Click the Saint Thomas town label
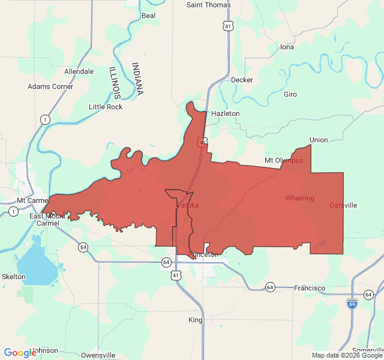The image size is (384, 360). coord(208,5)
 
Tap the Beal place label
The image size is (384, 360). coord(148,16)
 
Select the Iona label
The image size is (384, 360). coord(287,47)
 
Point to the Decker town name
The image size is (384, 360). coord(242,80)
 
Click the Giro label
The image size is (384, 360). coord(290,95)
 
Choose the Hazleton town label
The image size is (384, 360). coord(225,113)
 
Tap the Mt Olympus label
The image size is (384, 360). coord(284,161)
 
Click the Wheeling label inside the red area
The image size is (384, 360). coord(299,198)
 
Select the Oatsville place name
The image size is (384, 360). coord(343,205)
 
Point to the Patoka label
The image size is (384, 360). coord(187,206)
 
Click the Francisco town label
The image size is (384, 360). coord(310,289)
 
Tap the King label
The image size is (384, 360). coord(196,320)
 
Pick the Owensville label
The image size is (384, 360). coord(98,355)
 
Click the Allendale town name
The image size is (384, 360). coord(79,71)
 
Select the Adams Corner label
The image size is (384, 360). coord(50,86)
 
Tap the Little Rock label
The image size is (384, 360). coord(106,107)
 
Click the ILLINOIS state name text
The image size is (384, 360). coord(115,83)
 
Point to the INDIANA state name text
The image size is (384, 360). coord(138,79)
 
